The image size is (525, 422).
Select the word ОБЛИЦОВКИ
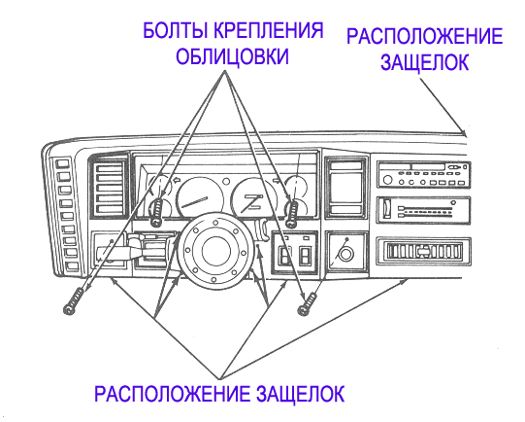tap(232, 56)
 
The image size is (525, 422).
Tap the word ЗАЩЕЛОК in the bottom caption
tap(300, 394)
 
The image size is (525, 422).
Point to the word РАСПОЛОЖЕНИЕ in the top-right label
tap(424, 36)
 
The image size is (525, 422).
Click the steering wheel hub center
tap(216, 251)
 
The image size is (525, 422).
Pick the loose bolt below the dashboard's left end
tap(74, 301)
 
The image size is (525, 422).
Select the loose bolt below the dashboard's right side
tap(308, 304)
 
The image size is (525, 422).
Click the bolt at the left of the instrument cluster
tap(156, 212)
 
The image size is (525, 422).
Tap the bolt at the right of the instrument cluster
tap(292, 214)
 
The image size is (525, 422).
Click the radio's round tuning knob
tap(387, 180)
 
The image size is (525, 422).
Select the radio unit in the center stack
tap(423, 174)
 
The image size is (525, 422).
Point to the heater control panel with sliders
tap(423, 210)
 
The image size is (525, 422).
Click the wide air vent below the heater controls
tap(423, 251)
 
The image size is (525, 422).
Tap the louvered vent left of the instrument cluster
tap(109, 188)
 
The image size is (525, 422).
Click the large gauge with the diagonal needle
tap(200, 199)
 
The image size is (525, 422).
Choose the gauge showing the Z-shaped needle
tap(253, 199)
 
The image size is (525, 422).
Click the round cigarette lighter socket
tap(345, 254)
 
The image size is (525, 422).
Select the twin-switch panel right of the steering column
tap(295, 252)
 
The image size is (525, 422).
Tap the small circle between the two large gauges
tap(227, 182)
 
